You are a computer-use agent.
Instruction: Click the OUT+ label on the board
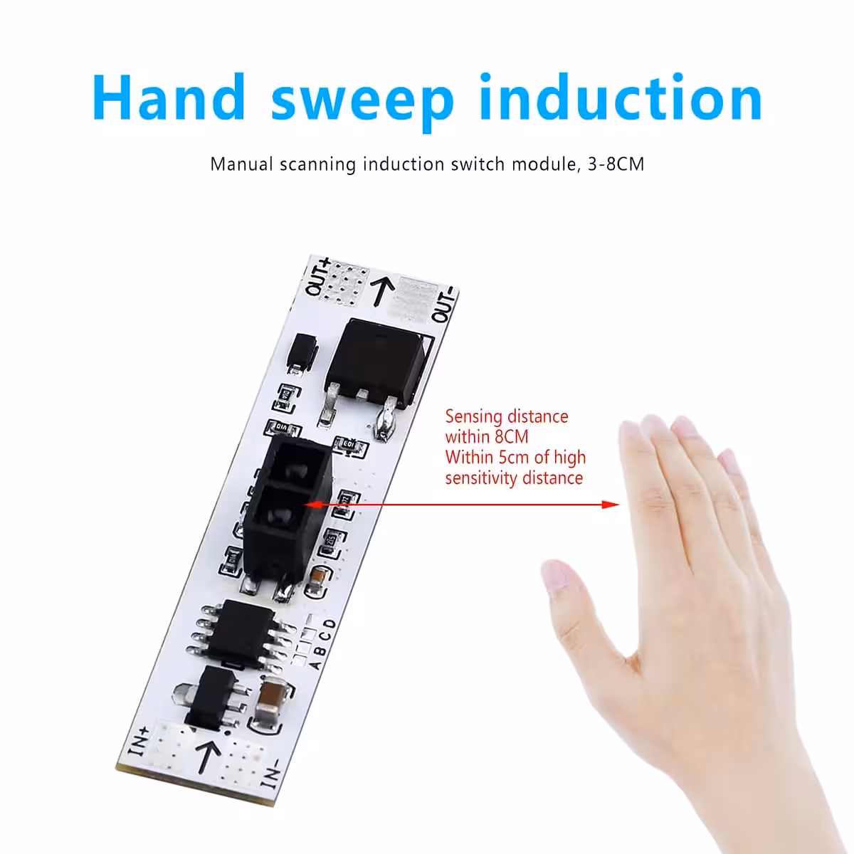317,278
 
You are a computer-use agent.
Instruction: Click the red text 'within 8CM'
487,436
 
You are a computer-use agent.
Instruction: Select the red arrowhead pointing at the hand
610,505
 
